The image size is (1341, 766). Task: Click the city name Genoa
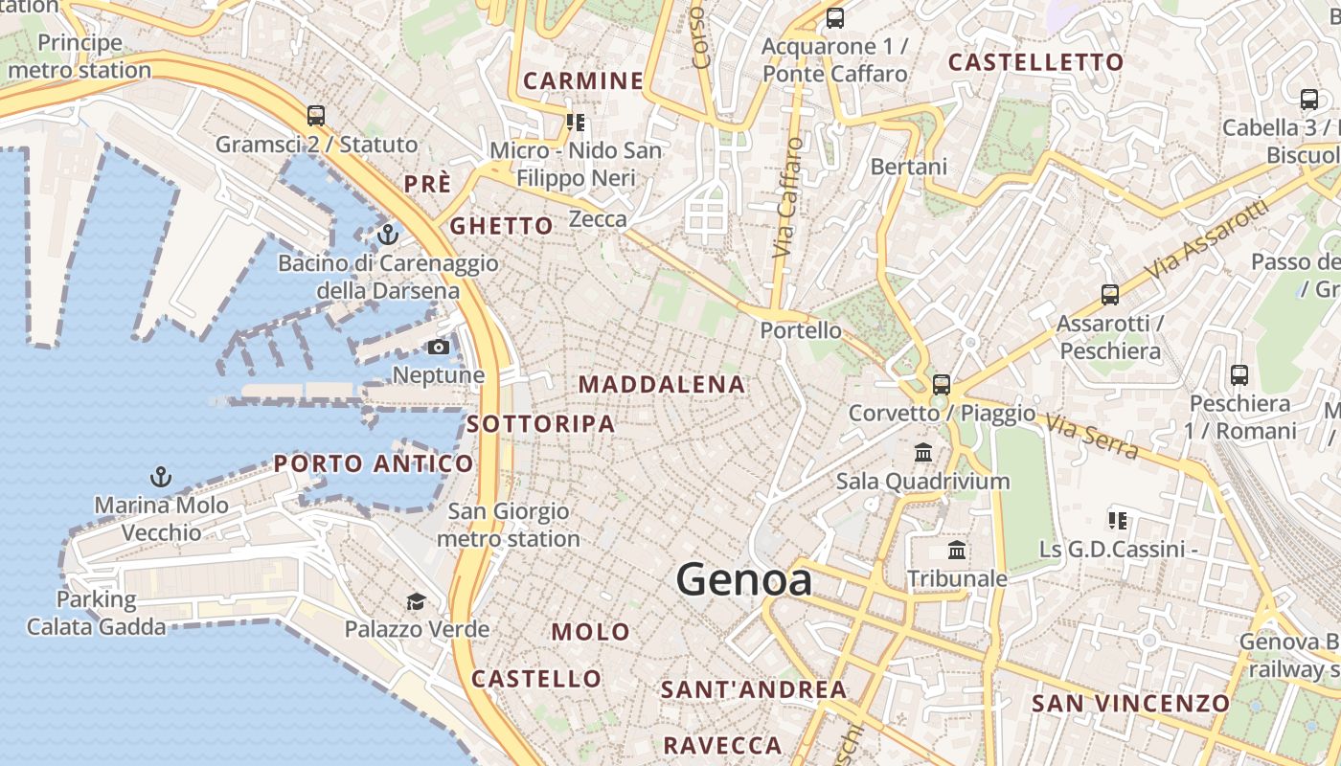744,580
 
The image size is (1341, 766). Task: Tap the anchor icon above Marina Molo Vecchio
161,476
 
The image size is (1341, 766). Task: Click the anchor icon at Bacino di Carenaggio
388,234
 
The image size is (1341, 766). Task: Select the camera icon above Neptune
439,347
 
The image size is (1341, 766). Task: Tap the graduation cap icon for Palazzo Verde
416,601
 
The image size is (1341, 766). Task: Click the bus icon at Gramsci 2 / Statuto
316,116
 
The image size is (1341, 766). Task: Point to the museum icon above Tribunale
957,551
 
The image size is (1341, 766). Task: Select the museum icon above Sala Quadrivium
923,452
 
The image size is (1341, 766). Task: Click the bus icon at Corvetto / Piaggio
942,385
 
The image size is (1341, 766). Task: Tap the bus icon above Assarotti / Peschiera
1110,295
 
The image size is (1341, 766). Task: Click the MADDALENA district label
662,385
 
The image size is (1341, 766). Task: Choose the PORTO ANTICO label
374,464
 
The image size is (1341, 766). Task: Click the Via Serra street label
1091,436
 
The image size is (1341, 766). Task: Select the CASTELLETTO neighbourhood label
1035,63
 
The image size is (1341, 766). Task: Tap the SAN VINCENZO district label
1130,704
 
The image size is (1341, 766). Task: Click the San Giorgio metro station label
509,526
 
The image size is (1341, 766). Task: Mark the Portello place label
801,330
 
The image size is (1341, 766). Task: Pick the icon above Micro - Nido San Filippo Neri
576,122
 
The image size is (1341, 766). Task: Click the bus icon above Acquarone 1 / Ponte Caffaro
835,17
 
